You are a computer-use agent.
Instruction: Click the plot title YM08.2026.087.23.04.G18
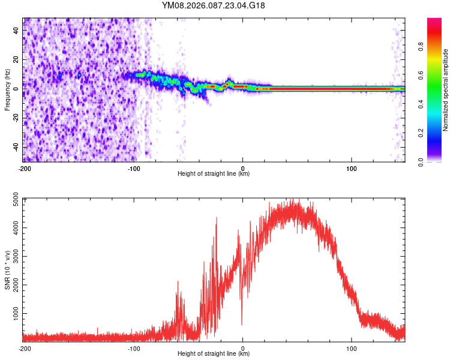click(214, 5)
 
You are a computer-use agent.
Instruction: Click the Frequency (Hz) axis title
click(7, 89)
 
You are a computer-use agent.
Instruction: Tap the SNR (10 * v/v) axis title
click(7, 269)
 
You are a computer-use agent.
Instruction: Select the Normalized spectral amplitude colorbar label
click(445, 90)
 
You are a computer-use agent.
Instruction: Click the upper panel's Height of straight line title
click(214, 174)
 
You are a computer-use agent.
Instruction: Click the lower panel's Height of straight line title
click(214, 354)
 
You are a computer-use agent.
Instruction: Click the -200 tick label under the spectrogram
click(25, 168)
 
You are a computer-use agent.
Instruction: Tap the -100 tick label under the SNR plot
click(133, 348)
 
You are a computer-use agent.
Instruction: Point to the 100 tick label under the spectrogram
click(352, 168)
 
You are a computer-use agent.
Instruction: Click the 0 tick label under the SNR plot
click(242, 348)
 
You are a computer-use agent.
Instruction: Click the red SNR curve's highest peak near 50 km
click(292, 200)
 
